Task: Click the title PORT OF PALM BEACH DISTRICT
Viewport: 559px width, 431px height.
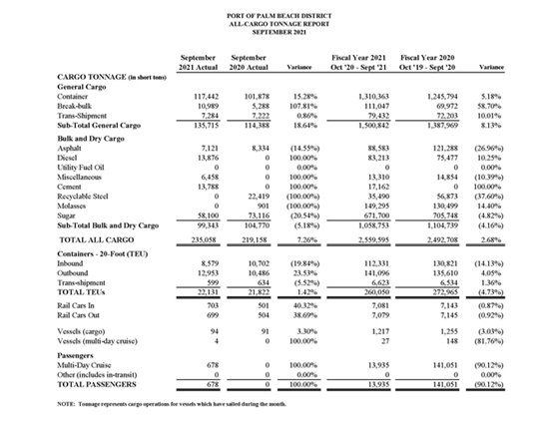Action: point(279,10)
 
